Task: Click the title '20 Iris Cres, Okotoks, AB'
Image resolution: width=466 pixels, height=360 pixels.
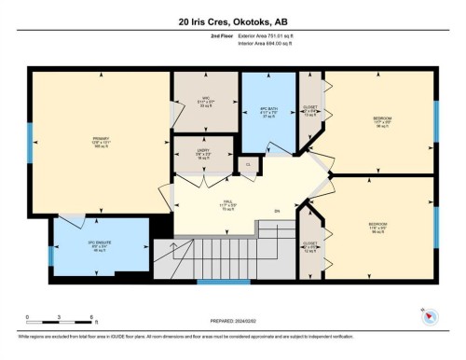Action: point(233,16)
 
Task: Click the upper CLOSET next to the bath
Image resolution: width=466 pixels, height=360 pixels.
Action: point(310,111)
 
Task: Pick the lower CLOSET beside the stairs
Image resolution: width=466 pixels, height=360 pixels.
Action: point(310,246)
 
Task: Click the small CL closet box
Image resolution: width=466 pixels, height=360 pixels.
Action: point(247,164)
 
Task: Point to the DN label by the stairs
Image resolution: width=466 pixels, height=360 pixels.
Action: point(276,211)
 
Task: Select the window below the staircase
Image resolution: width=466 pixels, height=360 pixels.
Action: point(224,281)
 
